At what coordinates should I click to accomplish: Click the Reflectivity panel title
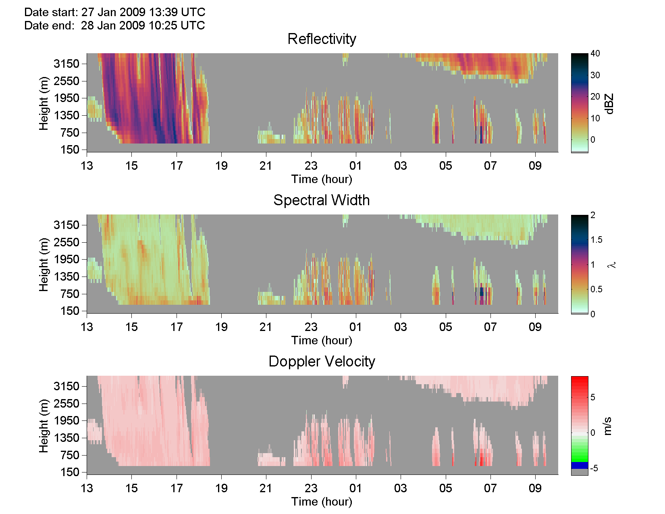coord(322,39)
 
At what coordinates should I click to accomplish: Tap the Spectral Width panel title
coord(321,200)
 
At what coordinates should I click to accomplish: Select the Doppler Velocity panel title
coord(322,362)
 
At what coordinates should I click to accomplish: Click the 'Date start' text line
coord(115,12)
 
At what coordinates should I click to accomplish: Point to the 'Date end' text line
coord(114,25)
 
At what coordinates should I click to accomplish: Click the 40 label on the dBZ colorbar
coord(595,53)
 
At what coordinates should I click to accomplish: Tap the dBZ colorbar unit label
coord(609,104)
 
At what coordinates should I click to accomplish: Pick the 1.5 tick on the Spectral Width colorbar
coord(596,240)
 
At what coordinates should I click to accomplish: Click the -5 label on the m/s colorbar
coord(594,468)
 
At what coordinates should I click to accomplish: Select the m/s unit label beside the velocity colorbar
coord(607,426)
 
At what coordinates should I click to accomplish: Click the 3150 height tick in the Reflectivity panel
coord(66,64)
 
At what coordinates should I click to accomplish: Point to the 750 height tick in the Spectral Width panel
coord(70,294)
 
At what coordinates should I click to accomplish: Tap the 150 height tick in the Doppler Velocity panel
coord(70,472)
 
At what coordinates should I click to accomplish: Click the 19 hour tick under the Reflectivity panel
coord(221,166)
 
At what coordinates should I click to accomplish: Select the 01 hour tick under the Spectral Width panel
coord(355,327)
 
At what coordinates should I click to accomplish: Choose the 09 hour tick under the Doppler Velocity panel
coord(535,488)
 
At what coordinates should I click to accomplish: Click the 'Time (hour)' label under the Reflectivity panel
coord(322,179)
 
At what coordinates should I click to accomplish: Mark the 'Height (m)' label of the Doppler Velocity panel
coord(44,426)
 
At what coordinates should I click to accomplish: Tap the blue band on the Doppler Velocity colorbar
coord(580,465)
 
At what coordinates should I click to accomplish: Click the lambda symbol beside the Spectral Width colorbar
coord(611,265)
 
